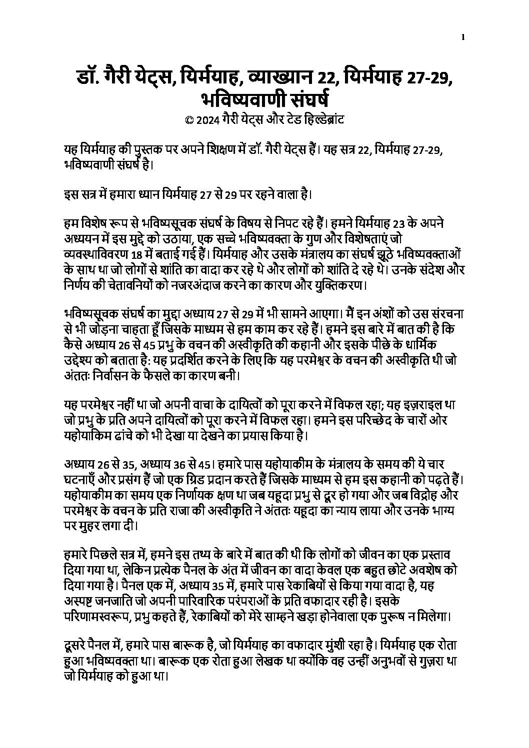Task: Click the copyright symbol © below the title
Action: (188, 120)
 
